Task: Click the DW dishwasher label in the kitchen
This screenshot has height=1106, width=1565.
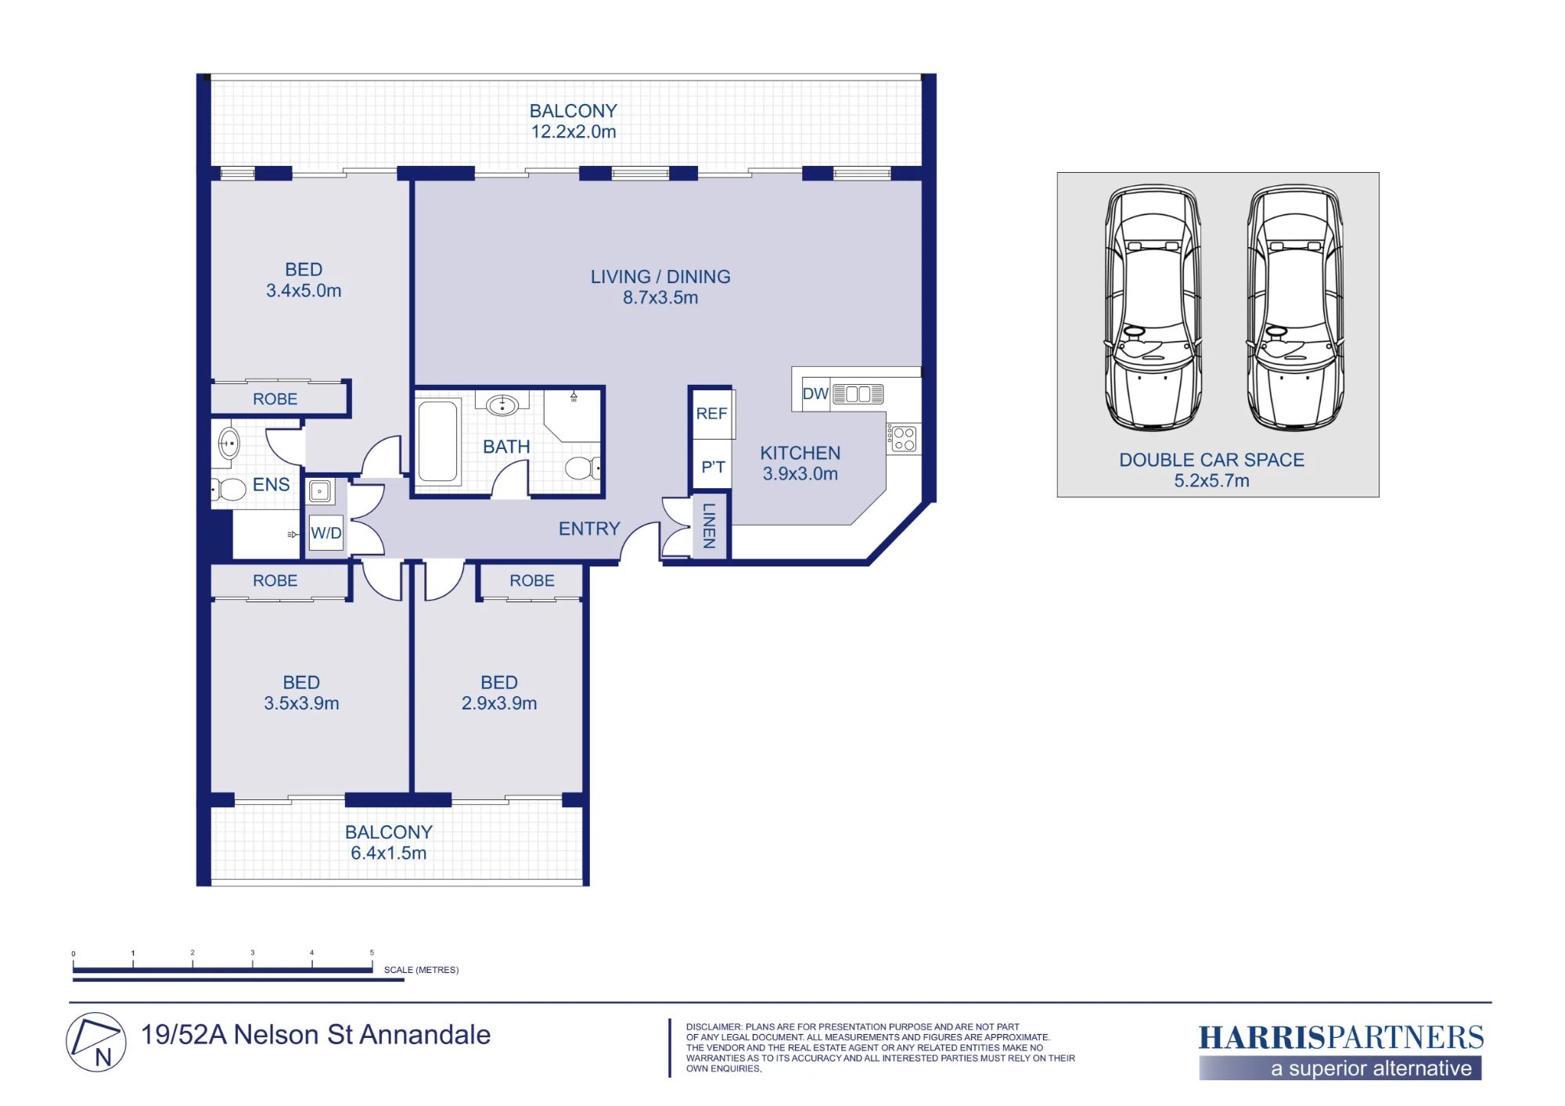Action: tap(815, 393)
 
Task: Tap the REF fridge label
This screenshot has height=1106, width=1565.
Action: tap(712, 413)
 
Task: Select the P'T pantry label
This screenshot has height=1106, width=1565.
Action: tap(713, 467)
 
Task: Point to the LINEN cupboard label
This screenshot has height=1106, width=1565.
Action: tap(709, 526)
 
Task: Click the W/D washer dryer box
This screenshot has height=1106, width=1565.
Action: tap(326, 533)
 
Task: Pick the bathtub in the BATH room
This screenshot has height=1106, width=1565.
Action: tap(437, 441)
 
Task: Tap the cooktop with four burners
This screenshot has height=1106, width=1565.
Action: tap(904, 439)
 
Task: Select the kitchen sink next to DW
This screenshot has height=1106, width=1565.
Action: tap(858, 393)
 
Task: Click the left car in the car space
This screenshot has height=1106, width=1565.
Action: tap(1153, 307)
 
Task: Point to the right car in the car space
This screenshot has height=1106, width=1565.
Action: tap(1295, 307)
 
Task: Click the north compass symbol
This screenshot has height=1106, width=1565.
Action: tap(96, 1042)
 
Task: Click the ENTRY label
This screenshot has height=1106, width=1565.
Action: tap(589, 529)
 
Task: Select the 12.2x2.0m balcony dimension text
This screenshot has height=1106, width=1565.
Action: tap(574, 131)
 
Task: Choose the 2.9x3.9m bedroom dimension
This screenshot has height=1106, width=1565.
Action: tap(499, 703)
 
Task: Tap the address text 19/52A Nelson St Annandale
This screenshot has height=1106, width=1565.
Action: tap(316, 1035)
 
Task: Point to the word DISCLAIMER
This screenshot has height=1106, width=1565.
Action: tap(714, 1027)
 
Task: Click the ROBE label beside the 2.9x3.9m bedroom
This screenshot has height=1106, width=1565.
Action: tap(532, 580)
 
